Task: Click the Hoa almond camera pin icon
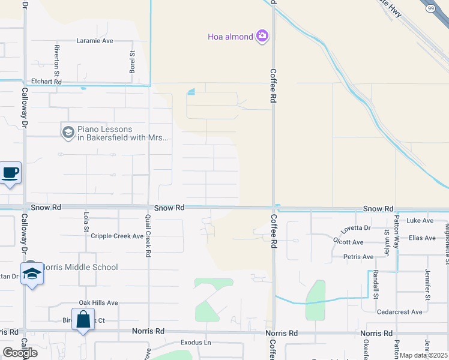click(262, 37)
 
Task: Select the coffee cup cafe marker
click(10, 173)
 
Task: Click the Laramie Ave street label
click(95, 41)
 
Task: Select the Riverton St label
click(56, 56)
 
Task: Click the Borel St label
click(132, 62)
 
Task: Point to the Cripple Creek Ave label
click(117, 236)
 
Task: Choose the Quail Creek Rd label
click(148, 238)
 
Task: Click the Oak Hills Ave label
click(98, 303)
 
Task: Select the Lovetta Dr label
click(356, 228)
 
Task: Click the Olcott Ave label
click(348, 242)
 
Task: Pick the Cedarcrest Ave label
click(400, 312)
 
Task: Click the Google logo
click(20, 352)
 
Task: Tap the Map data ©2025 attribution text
click(423, 355)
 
